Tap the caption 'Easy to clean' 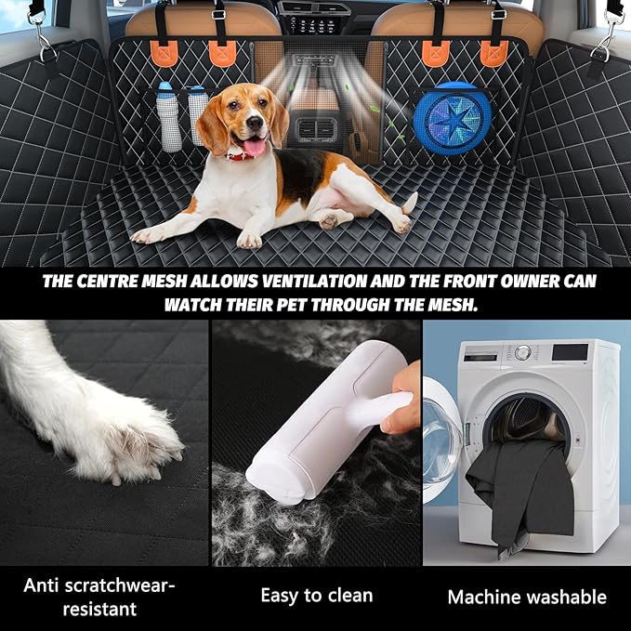[x=316, y=595]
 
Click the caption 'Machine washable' [x=527, y=596]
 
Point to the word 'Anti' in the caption [x=42, y=585]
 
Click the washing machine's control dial [x=523, y=352]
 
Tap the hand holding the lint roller [x=402, y=409]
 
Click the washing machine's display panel [x=569, y=352]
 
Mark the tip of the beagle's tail [x=413, y=198]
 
